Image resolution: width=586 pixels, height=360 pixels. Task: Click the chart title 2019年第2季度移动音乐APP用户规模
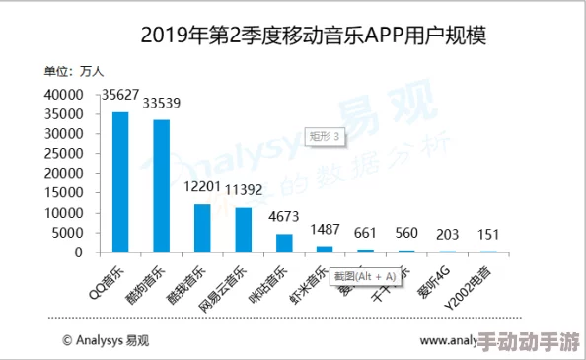click(315, 36)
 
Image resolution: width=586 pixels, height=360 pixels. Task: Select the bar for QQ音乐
click(120, 182)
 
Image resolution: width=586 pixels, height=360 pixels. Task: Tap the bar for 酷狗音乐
click(161, 186)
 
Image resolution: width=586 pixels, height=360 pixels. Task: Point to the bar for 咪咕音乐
click(284, 244)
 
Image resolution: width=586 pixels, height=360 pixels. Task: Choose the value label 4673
click(284, 216)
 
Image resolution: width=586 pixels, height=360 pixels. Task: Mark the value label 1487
click(325, 229)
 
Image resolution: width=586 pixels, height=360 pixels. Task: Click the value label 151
click(487, 234)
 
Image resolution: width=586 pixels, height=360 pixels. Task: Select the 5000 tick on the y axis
click(65, 233)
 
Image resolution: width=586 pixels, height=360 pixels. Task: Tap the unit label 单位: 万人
click(73, 70)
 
